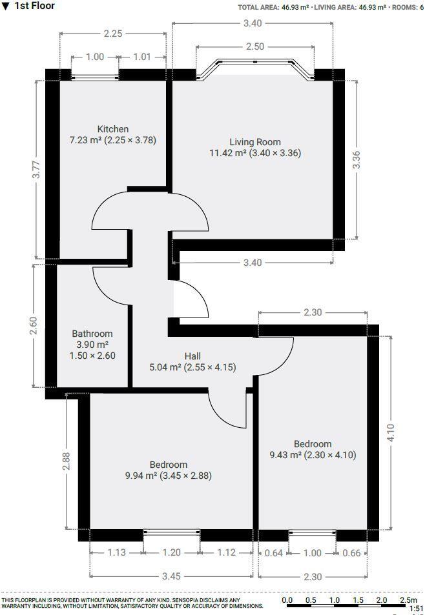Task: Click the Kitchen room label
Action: click(x=113, y=129)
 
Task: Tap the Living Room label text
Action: click(x=255, y=142)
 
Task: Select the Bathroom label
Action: click(x=92, y=334)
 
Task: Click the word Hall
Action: click(x=192, y=356)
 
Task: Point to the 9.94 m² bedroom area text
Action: click(x=169, y=476)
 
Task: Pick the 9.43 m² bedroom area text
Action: click(x=313, y=456)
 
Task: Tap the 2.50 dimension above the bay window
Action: click(x=254, y=46)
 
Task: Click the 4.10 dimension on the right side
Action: click(x=389, y=432)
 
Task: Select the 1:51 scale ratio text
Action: click(x=416, y=608)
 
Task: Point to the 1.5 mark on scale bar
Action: click(x=358, y=600)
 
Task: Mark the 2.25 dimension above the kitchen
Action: click(x=113, y=34)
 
